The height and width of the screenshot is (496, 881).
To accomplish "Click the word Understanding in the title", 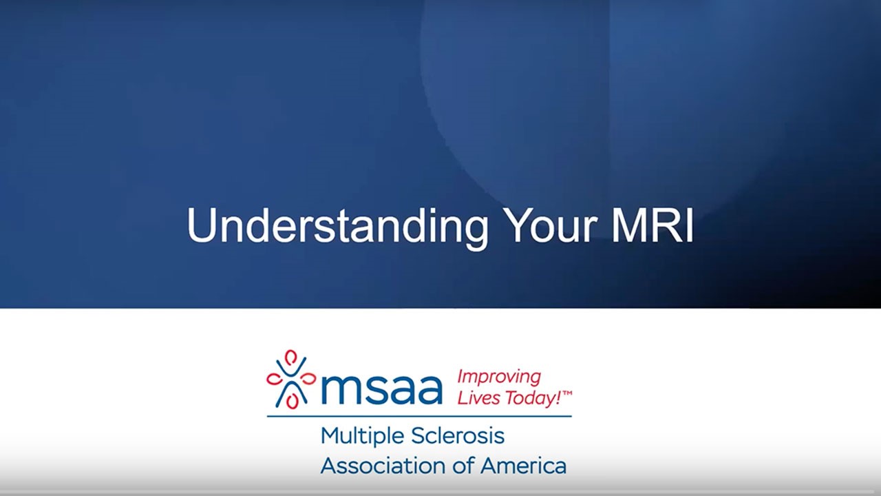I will [337, 225].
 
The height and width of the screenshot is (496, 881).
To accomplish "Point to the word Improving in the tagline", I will [499, 377].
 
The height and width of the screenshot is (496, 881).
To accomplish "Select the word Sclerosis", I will [458, 436].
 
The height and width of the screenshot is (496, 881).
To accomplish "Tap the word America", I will [523, 466].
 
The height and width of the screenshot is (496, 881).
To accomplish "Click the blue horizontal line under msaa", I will [419, 416].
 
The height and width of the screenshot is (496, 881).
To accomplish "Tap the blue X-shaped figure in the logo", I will [291, 383].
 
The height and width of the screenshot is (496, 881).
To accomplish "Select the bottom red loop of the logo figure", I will [293, 401].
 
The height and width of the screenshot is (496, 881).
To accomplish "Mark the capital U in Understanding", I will [200, 225].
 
